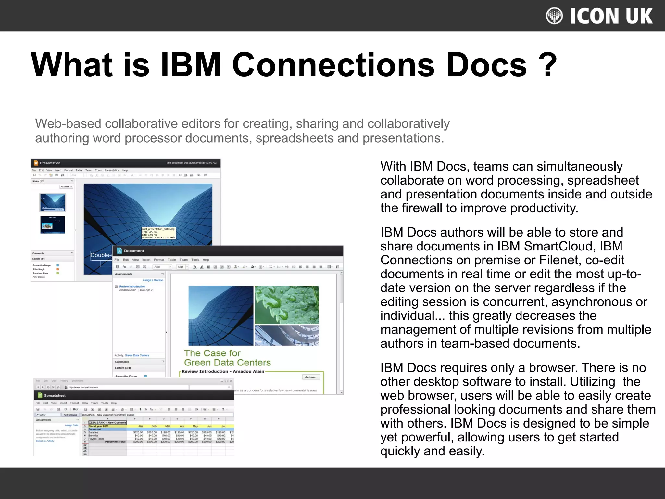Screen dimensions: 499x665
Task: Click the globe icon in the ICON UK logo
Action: point(554,16)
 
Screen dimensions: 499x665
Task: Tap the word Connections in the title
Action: point(333,65)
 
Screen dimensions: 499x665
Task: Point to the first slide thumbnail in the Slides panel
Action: point(53,202)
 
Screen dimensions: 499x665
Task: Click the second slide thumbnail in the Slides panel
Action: point(53,225)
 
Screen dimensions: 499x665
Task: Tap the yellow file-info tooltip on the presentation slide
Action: point(158,233)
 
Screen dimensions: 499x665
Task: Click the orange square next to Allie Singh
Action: point(58,269)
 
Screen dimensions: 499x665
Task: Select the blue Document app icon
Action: point(119,251)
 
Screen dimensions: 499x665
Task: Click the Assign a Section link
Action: point(153,280)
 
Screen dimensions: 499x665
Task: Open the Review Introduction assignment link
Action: point(132,287)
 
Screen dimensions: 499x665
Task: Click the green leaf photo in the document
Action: point(287,305)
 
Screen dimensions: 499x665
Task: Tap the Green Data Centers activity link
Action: point(137,355)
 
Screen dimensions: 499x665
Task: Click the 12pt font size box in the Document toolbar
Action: point(181,267)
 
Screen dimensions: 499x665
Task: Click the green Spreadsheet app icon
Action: point(40,396)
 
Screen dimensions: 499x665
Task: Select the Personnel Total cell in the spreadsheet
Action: point(115,442)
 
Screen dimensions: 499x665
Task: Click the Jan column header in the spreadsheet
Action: point(141,426)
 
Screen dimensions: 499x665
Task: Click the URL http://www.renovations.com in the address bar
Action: point(83,387)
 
